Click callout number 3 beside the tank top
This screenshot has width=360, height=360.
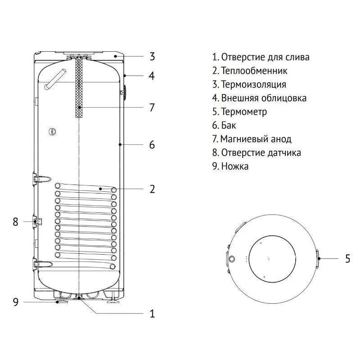pos(152,57)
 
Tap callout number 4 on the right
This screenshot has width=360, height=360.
pos(152,76)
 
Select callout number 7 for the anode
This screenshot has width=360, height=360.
pos(152,108)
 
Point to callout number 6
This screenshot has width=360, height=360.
pos(152,144)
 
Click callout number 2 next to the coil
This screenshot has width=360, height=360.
pos(152,189)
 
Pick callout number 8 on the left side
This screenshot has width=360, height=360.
pos(15,221)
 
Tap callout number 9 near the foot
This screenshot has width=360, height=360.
pos(15,302)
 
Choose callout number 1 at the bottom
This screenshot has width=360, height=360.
pos(152,314)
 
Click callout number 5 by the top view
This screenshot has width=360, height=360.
pos(347,259)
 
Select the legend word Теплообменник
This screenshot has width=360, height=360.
pos(254,71)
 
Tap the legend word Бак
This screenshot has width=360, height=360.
pos(228,125)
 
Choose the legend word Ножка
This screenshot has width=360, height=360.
pos(234,166)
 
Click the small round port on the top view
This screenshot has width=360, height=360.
pos(232,260)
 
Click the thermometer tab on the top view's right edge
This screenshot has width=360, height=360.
pos(317,259)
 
